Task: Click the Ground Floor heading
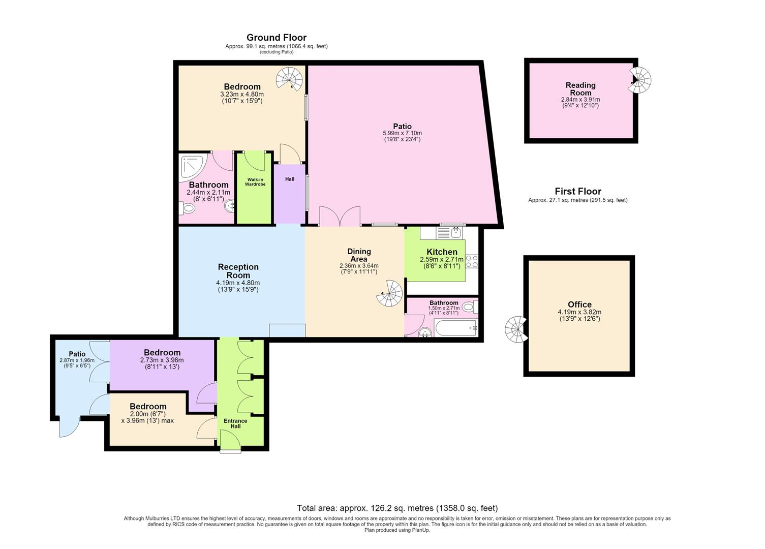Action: point(277,38)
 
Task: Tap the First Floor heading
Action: point(578,191)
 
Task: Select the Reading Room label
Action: point(580,89)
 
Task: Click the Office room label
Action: point(579,304)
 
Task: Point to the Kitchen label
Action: point(442,252)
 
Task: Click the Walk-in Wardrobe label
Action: point(255,182)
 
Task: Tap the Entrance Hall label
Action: point(235,423)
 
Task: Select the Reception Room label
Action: point(238,271)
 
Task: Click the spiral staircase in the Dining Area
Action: point(390,293)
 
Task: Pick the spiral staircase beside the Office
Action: point(516,330)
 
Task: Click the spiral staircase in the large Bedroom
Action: point(289,79)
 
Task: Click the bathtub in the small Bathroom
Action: point(456,328)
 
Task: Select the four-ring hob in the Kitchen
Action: point(472,261)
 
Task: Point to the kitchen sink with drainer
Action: point(449,233)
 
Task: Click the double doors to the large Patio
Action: point(340,217)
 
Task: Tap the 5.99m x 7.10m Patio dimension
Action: point(402,133)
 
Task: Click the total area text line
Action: point(397,508)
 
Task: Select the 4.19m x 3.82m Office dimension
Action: point(579,312)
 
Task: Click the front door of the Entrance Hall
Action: point(231,441)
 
